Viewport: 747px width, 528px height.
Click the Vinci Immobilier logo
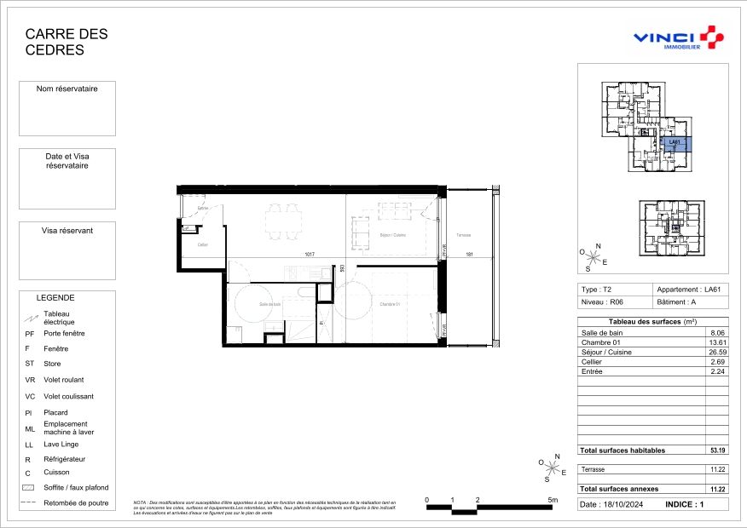click(679, 38)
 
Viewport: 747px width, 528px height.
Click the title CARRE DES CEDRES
click(67, 42)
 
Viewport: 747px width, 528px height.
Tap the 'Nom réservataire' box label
click(67, 89)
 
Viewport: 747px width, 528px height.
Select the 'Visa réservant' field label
click(67, 231)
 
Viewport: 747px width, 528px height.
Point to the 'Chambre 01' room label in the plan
click(390, 304)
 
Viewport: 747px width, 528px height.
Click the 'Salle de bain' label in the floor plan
click(258, 304)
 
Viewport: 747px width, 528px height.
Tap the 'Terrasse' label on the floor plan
click(463, 235)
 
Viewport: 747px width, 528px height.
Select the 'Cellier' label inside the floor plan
click(202, 244)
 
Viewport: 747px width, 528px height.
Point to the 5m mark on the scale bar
click(553, 500)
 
